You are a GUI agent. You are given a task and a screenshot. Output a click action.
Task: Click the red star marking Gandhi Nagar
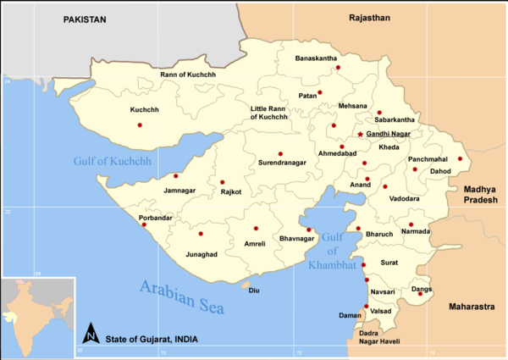tap(360, 134)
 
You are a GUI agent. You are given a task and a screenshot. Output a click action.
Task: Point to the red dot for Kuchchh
tap(139, 125)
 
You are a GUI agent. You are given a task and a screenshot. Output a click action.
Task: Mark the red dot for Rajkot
tap(222, 182)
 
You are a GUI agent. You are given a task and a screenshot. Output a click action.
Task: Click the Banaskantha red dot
tap(336, 68)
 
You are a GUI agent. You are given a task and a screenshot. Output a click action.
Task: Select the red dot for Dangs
tap(420, 293)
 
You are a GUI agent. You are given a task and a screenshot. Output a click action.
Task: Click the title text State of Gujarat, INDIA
tap(152, 338)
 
